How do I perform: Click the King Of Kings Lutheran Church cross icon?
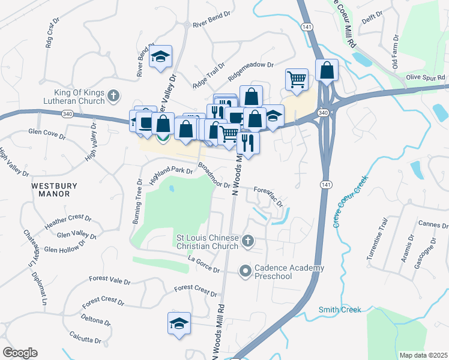point(112,95)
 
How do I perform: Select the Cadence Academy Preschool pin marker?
point(245,272)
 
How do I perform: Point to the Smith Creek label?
point(340,310)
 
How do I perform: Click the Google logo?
point(20,353)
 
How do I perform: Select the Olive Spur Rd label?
point(425,77)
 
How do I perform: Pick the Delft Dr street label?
point(373,20)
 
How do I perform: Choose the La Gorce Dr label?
point(204,265)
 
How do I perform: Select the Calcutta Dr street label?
point(85,336)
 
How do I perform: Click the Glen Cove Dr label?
point(47,134)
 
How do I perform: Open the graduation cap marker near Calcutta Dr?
point(179,323)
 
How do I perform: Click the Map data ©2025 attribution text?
point(423,355)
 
